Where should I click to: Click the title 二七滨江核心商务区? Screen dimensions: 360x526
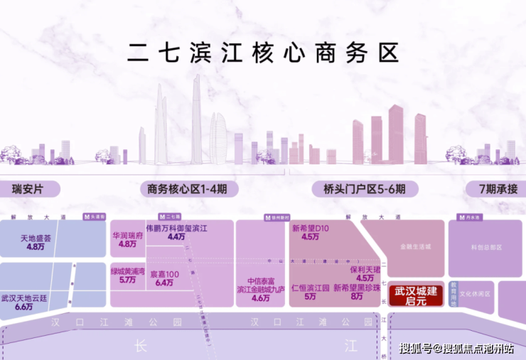[263, 53]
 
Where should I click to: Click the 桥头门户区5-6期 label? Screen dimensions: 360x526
[360, 189]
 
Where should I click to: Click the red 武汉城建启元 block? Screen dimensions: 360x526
[419, 295]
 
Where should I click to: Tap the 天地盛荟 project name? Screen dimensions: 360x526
[36, 238]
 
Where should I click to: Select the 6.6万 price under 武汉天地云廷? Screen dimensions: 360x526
[23, 307]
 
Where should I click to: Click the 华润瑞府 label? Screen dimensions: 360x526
[127, 234]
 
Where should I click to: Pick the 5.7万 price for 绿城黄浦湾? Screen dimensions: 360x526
[128, 280]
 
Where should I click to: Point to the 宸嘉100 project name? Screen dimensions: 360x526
[164, 274]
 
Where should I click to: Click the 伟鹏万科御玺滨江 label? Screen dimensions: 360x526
[176, 228]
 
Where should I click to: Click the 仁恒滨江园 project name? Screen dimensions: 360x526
[310, 288]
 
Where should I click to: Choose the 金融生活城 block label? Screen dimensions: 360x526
[415, 246]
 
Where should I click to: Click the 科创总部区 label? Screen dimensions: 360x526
[487, 247]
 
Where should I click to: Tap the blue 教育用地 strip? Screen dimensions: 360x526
[453, 293]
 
